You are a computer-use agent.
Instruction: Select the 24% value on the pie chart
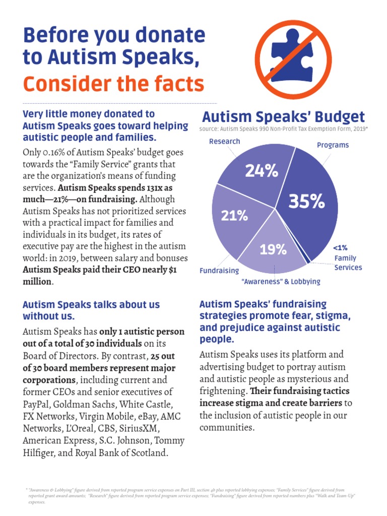click(262, 171)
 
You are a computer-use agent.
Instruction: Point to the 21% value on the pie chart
click(234, 216)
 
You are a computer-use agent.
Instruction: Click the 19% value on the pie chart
click(273, 249)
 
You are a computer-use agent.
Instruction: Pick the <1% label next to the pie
click(340, 247)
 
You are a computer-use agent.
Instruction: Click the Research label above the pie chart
click(224, 141)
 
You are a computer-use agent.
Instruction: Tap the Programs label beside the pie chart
click(333, 145)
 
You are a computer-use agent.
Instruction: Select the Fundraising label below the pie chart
click(219, 271)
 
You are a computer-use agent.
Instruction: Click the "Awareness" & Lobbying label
click(281, 282)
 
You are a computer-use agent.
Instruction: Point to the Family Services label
click(348, 263)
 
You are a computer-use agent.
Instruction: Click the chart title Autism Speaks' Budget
click(283, 117)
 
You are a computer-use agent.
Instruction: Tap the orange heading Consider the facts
click(113, 84)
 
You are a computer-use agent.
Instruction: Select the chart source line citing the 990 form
click(283, 129)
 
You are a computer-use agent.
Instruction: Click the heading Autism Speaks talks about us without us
click(91, 310)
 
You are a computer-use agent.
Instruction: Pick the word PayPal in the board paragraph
click(36, 404)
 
